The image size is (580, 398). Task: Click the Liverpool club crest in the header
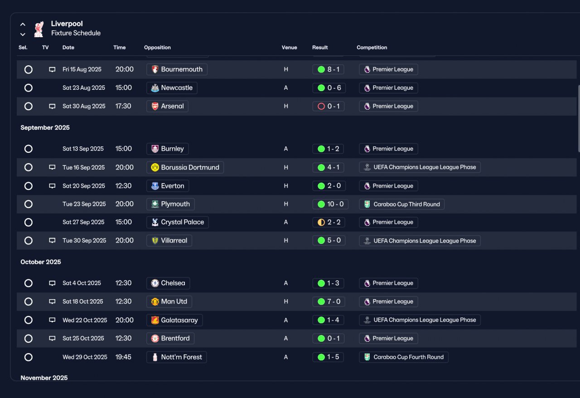(x=39, y=29)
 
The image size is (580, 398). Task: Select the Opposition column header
(x=157, y=48)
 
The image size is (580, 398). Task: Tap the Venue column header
(x=289, y=48)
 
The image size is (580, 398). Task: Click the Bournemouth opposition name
(x=182, y=69)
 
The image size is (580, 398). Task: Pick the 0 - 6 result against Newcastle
(x=334, y=88)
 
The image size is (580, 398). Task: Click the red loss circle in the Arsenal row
(x=321, y=106)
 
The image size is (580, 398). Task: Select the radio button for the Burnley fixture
(x=29, y=149)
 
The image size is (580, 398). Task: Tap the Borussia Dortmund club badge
(x=155, y=167)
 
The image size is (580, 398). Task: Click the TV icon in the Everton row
(x=52, y=186)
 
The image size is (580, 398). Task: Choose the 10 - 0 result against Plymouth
(x=335, y=204)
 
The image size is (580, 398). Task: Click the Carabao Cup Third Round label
(x=406, y=204)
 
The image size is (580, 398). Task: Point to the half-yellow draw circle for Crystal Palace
(x=321, y=222)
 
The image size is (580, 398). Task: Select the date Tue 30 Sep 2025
(x=84, y=240)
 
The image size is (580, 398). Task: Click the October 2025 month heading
(x=41, y=262)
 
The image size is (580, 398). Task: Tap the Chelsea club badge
(x=155, y=283)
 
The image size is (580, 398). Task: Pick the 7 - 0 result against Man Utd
(x=334, y=301)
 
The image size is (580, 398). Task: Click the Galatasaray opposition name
(x=179, y=320)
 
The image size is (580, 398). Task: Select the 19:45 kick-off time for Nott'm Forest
(x=123, y=357)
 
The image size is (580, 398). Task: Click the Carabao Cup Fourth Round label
(x=408, y=357)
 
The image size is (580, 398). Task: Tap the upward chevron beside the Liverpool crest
(x=23, y=24)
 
